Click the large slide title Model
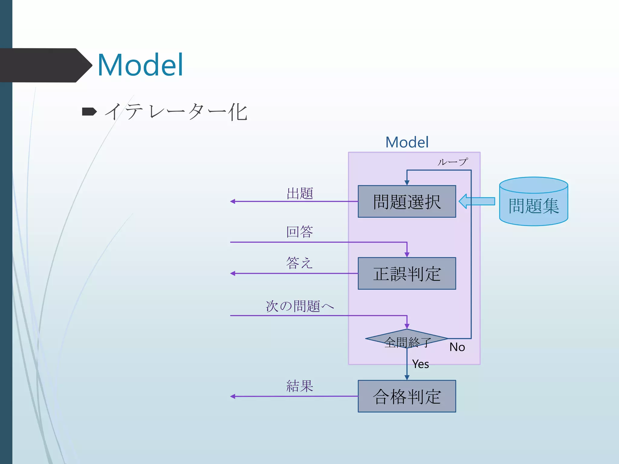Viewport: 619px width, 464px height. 140,65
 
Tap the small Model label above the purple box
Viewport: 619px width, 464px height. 407,142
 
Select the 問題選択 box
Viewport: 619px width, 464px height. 407,201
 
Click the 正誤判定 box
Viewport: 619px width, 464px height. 407,273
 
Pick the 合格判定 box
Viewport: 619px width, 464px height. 407,396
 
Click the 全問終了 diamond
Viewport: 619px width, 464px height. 407,339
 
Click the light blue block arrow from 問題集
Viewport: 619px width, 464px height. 477,201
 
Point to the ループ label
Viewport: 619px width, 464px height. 452,162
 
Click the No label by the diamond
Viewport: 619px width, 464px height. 457,347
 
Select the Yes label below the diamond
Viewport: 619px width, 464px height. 420,364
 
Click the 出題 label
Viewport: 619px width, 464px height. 300,193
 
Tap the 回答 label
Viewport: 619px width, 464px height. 300,232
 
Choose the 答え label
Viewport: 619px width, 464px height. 299,263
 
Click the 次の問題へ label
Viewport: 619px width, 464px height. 300,306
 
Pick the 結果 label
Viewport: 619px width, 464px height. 300,386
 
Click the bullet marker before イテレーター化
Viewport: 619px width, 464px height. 89,112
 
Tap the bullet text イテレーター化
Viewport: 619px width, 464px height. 176,112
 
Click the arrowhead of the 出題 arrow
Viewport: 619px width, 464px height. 232,201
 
